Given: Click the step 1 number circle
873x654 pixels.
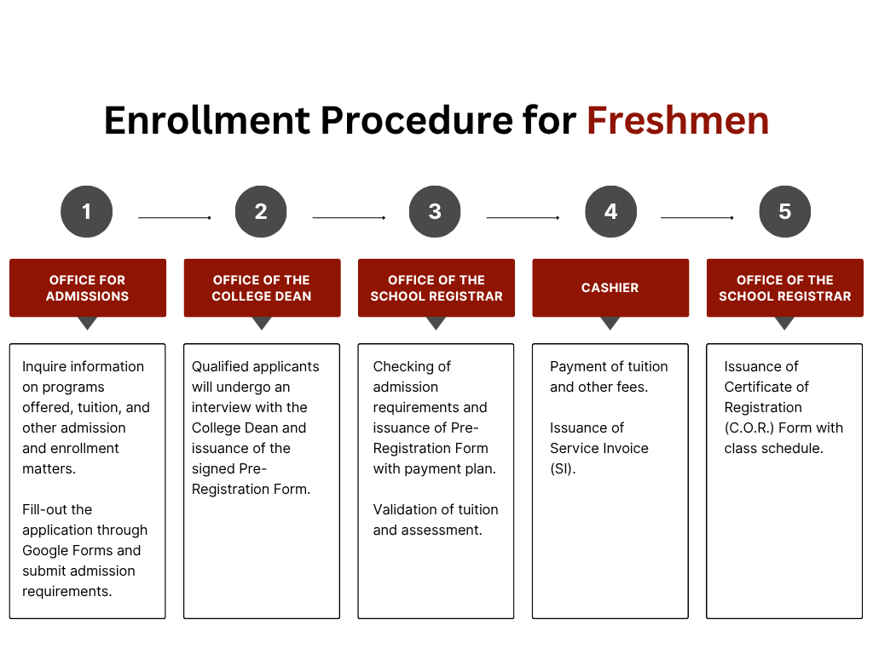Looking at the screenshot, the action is click(x=87, y=211).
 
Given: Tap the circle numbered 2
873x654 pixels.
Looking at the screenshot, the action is click(x=261, y=211).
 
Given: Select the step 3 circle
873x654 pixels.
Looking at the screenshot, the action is click(x=435, y=211).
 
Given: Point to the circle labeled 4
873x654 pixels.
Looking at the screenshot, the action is click(x=610, y=211).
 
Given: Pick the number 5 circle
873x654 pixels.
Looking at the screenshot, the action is click(x=785, y=211).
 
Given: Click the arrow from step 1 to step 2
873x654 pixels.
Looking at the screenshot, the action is click(x=175, y=217).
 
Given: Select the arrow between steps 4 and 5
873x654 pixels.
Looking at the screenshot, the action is click(x=697, y=217).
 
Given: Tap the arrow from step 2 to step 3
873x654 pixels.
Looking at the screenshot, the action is click(x=349, y=217).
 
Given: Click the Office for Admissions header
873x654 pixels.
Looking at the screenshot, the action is click(x=88, y=288).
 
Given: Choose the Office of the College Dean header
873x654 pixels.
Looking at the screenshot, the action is click(x=262, y=288).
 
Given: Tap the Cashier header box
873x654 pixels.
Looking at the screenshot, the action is click(x=610, y=288).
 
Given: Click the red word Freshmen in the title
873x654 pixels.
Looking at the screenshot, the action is click(x=678, y=120).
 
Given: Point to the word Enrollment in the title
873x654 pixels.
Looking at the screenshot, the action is click(x=207, y=120).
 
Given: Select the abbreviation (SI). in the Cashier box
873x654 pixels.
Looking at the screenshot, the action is click(x=563, y=469).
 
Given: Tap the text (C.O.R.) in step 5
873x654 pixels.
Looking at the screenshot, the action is click(x=749, y=427).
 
